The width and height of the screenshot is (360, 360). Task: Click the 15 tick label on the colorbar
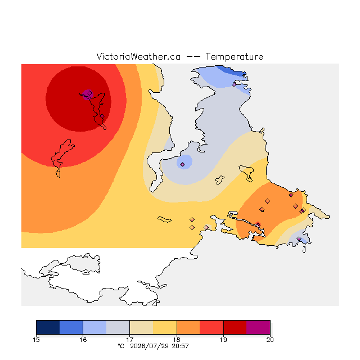tap(36, 340)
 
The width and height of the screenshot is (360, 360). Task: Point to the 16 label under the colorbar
tap(83, 340)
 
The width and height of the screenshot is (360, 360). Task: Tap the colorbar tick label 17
tap(130, 340)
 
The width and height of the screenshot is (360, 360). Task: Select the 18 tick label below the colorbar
tap(177, 340)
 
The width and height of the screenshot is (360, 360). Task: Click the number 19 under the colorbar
tap(223, 340)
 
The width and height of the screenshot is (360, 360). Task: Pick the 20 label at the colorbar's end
tap(270, 340)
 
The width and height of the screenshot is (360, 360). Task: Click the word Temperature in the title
tap(234, 57)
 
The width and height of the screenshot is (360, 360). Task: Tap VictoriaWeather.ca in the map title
tap(138, 57)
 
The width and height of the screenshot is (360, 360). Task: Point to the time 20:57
tap(181, 346)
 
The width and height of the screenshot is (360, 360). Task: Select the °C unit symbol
tap(121, 346)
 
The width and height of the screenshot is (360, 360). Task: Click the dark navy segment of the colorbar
tap(48, 327)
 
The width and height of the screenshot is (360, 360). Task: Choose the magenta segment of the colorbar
tap(258, 327)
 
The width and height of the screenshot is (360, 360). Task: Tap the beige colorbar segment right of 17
tap(141, 327)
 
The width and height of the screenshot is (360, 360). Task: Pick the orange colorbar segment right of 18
tap(188, 327)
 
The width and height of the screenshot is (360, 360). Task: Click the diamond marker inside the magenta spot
tap(90, 93)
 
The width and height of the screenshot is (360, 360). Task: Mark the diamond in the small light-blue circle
tap(182, 164)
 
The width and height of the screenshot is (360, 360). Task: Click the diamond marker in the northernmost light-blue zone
tap(234, 84)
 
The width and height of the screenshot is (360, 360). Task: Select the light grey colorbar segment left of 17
tap(118, 327)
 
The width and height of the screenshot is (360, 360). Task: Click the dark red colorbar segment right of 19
tap(235, 327)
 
